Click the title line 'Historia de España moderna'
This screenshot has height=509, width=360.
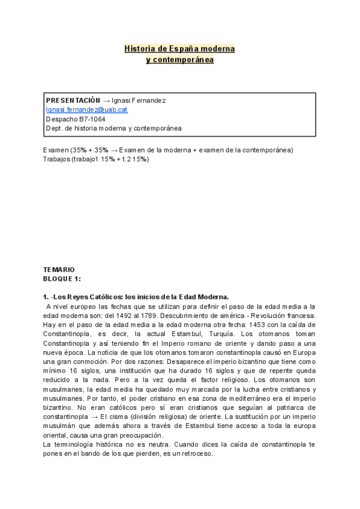(x=179, y=48)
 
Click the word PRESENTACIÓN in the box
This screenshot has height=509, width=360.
(x=73, y=100)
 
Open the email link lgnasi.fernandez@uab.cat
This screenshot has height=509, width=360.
(x=86, y=110)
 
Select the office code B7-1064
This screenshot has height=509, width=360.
(x=92, y=119)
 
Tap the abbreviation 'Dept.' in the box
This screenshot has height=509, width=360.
(x=54, y=128)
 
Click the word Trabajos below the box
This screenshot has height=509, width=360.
(x=56, y=159)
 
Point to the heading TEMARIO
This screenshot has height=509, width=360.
(x=59, y=270)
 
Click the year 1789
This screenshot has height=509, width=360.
(x=252, y=315)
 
